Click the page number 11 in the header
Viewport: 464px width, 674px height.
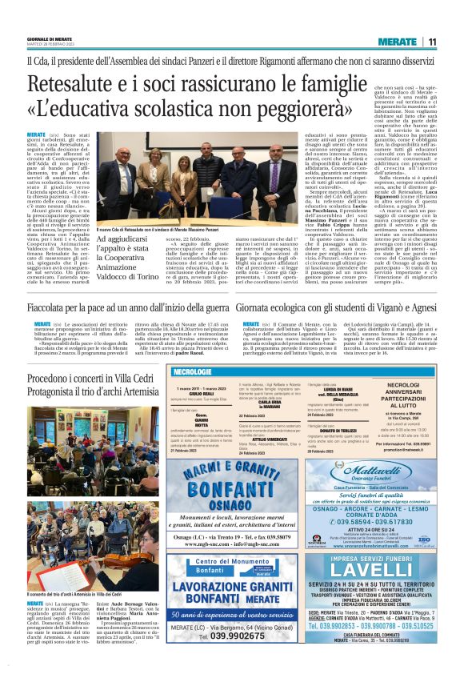coord(430,41)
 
